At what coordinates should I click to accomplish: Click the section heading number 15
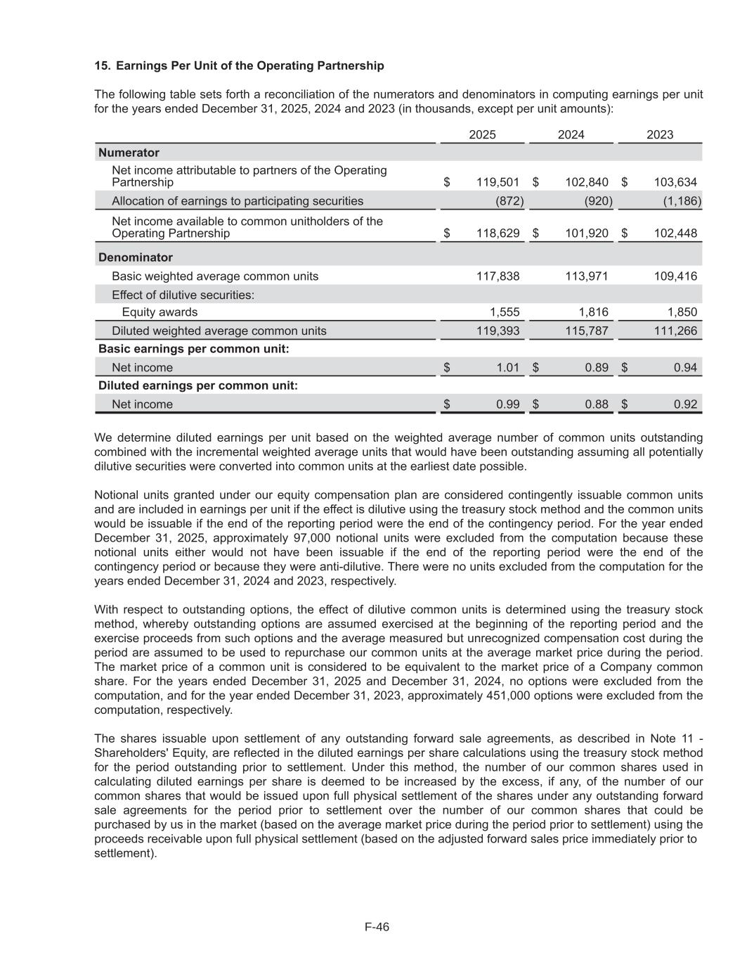coord(102,65)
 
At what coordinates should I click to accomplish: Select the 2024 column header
coord(571,134)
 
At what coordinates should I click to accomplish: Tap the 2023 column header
coord(659,134)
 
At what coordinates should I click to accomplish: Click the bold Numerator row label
coord(129,153)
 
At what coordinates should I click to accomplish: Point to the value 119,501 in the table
coord(498,182)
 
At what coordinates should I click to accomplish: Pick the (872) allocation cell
coord(509,201)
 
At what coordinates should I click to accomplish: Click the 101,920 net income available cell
coord(587,233)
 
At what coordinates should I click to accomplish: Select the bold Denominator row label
coord(136,257)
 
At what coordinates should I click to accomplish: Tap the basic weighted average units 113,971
coord(587,276)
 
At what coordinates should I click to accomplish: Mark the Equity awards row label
coord(160,312)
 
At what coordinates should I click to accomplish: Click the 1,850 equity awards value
coord(682,312)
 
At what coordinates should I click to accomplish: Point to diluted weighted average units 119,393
coord(498,331)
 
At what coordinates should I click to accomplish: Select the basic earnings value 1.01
coord(507,367)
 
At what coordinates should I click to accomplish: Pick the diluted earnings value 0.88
coord(597,404)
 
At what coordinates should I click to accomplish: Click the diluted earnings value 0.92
coord(685,404)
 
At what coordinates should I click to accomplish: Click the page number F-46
coord(377,927)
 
